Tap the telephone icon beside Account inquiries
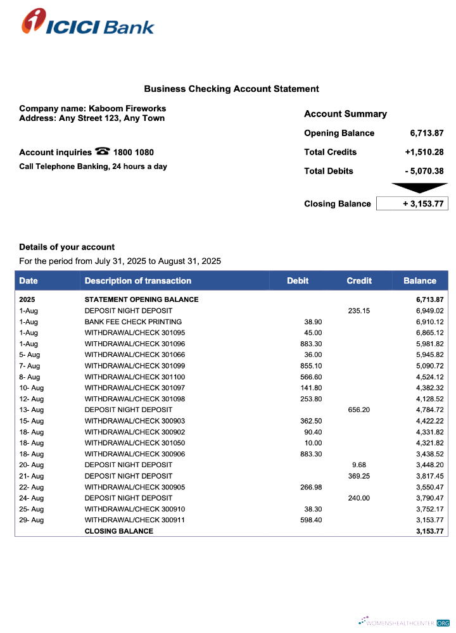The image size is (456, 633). [102, 151]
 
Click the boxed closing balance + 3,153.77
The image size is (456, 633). [412, 204]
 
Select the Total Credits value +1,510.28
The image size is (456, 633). [424, 152]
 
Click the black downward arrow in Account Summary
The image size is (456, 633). [420, 187]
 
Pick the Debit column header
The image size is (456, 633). [298, 280]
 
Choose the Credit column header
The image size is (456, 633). [359, 280]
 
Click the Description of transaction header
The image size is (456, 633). [138, 280]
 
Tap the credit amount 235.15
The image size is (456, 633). [359, 311]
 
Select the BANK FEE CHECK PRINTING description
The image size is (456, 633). [133, 322]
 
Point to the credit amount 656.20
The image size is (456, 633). [359, 410]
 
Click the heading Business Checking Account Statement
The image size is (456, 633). [231, 89]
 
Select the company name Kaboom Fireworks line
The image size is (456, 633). [92, 109]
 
